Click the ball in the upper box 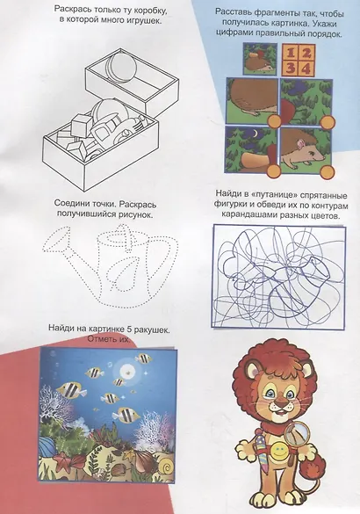click(x=121, y=67)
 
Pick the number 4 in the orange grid click(x=306, y=69)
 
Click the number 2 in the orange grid click(x=306, y=52)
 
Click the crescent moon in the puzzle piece click(x=256, y=134)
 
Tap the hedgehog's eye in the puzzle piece click(x=310, y=148)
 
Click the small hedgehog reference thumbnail click(x=259, y=60)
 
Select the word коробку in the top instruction click(x=148, y=11)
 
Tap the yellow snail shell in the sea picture click(x=167, y=463)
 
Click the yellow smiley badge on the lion click(x=279, y=448)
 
